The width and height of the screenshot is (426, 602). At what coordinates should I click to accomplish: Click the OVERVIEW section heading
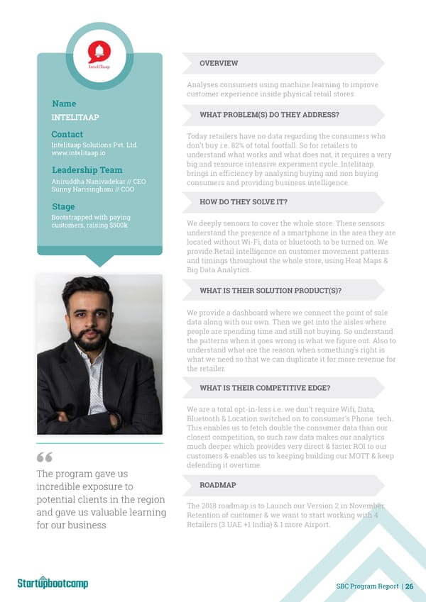219,64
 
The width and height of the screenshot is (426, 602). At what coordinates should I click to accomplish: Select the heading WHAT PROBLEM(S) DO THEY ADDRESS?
269,115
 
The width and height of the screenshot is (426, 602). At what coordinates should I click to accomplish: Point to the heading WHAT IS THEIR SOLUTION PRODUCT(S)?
271,291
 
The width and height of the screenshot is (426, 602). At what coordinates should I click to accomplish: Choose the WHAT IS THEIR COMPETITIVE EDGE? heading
265,388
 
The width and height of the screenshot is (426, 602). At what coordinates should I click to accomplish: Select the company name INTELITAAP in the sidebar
75,118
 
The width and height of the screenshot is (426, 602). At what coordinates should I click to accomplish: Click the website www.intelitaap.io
79,152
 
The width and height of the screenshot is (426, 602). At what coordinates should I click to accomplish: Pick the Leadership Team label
87,170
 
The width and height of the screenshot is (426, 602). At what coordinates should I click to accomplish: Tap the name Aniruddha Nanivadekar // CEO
99,182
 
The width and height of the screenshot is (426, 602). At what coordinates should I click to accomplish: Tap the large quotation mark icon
45,457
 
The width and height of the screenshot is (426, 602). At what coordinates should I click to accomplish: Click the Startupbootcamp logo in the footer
53,583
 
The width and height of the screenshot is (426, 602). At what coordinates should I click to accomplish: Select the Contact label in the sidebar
67,135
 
